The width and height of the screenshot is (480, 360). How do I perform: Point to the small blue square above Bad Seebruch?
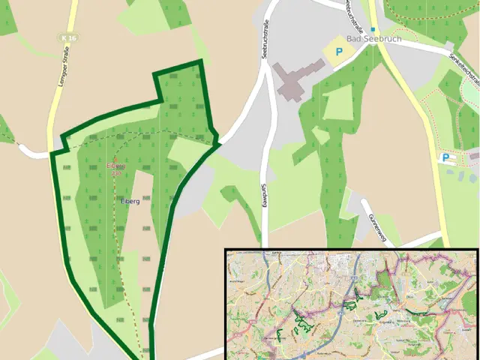[372, 29]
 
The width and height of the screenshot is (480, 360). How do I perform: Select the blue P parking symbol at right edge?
[446, 158]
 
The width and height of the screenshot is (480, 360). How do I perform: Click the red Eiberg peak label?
[115, 166]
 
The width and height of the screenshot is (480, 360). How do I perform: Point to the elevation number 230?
[115, 173]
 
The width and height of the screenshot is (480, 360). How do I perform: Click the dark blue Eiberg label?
[130, 202]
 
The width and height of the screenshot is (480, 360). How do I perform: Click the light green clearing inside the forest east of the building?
[337, 102]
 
